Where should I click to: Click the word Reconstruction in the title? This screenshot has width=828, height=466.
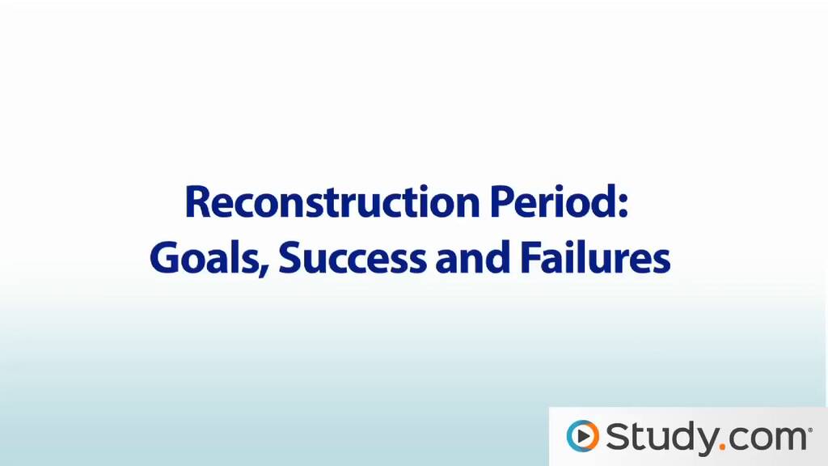[x=332, y=202]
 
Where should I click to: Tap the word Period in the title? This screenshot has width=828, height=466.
[x=552, y=201]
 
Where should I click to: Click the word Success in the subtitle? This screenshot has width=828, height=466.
[x=353, y=257]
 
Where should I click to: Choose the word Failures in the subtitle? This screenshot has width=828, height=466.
[x=595, y=257]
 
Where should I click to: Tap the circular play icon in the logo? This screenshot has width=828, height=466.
[x=582, y=436]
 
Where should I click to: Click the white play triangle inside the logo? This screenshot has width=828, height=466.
[x=583, y=436]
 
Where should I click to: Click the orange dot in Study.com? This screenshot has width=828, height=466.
[x=722, y=447]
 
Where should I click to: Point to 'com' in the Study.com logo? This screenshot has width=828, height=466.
[x=767, y=439]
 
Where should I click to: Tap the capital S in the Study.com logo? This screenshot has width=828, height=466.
[x=618, y=436]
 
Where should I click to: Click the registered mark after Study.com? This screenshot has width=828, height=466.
[x=810, y=430]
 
